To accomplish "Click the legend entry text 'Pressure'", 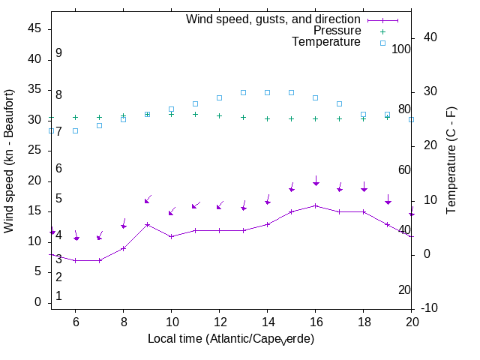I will coord(337,31).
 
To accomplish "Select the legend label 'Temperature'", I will coord(326,42).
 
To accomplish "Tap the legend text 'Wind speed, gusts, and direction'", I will coord(274,19).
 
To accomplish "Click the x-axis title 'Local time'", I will coord(230,339).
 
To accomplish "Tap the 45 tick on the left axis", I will coord(34,28).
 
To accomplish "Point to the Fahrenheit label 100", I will coord(401,49).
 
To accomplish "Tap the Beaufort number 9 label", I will coord(58,53).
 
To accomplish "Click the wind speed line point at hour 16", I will coord(315,205).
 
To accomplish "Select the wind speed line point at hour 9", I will coord(147,224).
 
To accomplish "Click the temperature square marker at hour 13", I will coord(243,92).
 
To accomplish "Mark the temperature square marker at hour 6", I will coord(75,130).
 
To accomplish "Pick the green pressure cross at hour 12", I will coord(219,115).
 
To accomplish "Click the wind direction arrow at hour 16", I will coord(316,181).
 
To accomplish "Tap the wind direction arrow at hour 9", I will coord(148,199).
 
